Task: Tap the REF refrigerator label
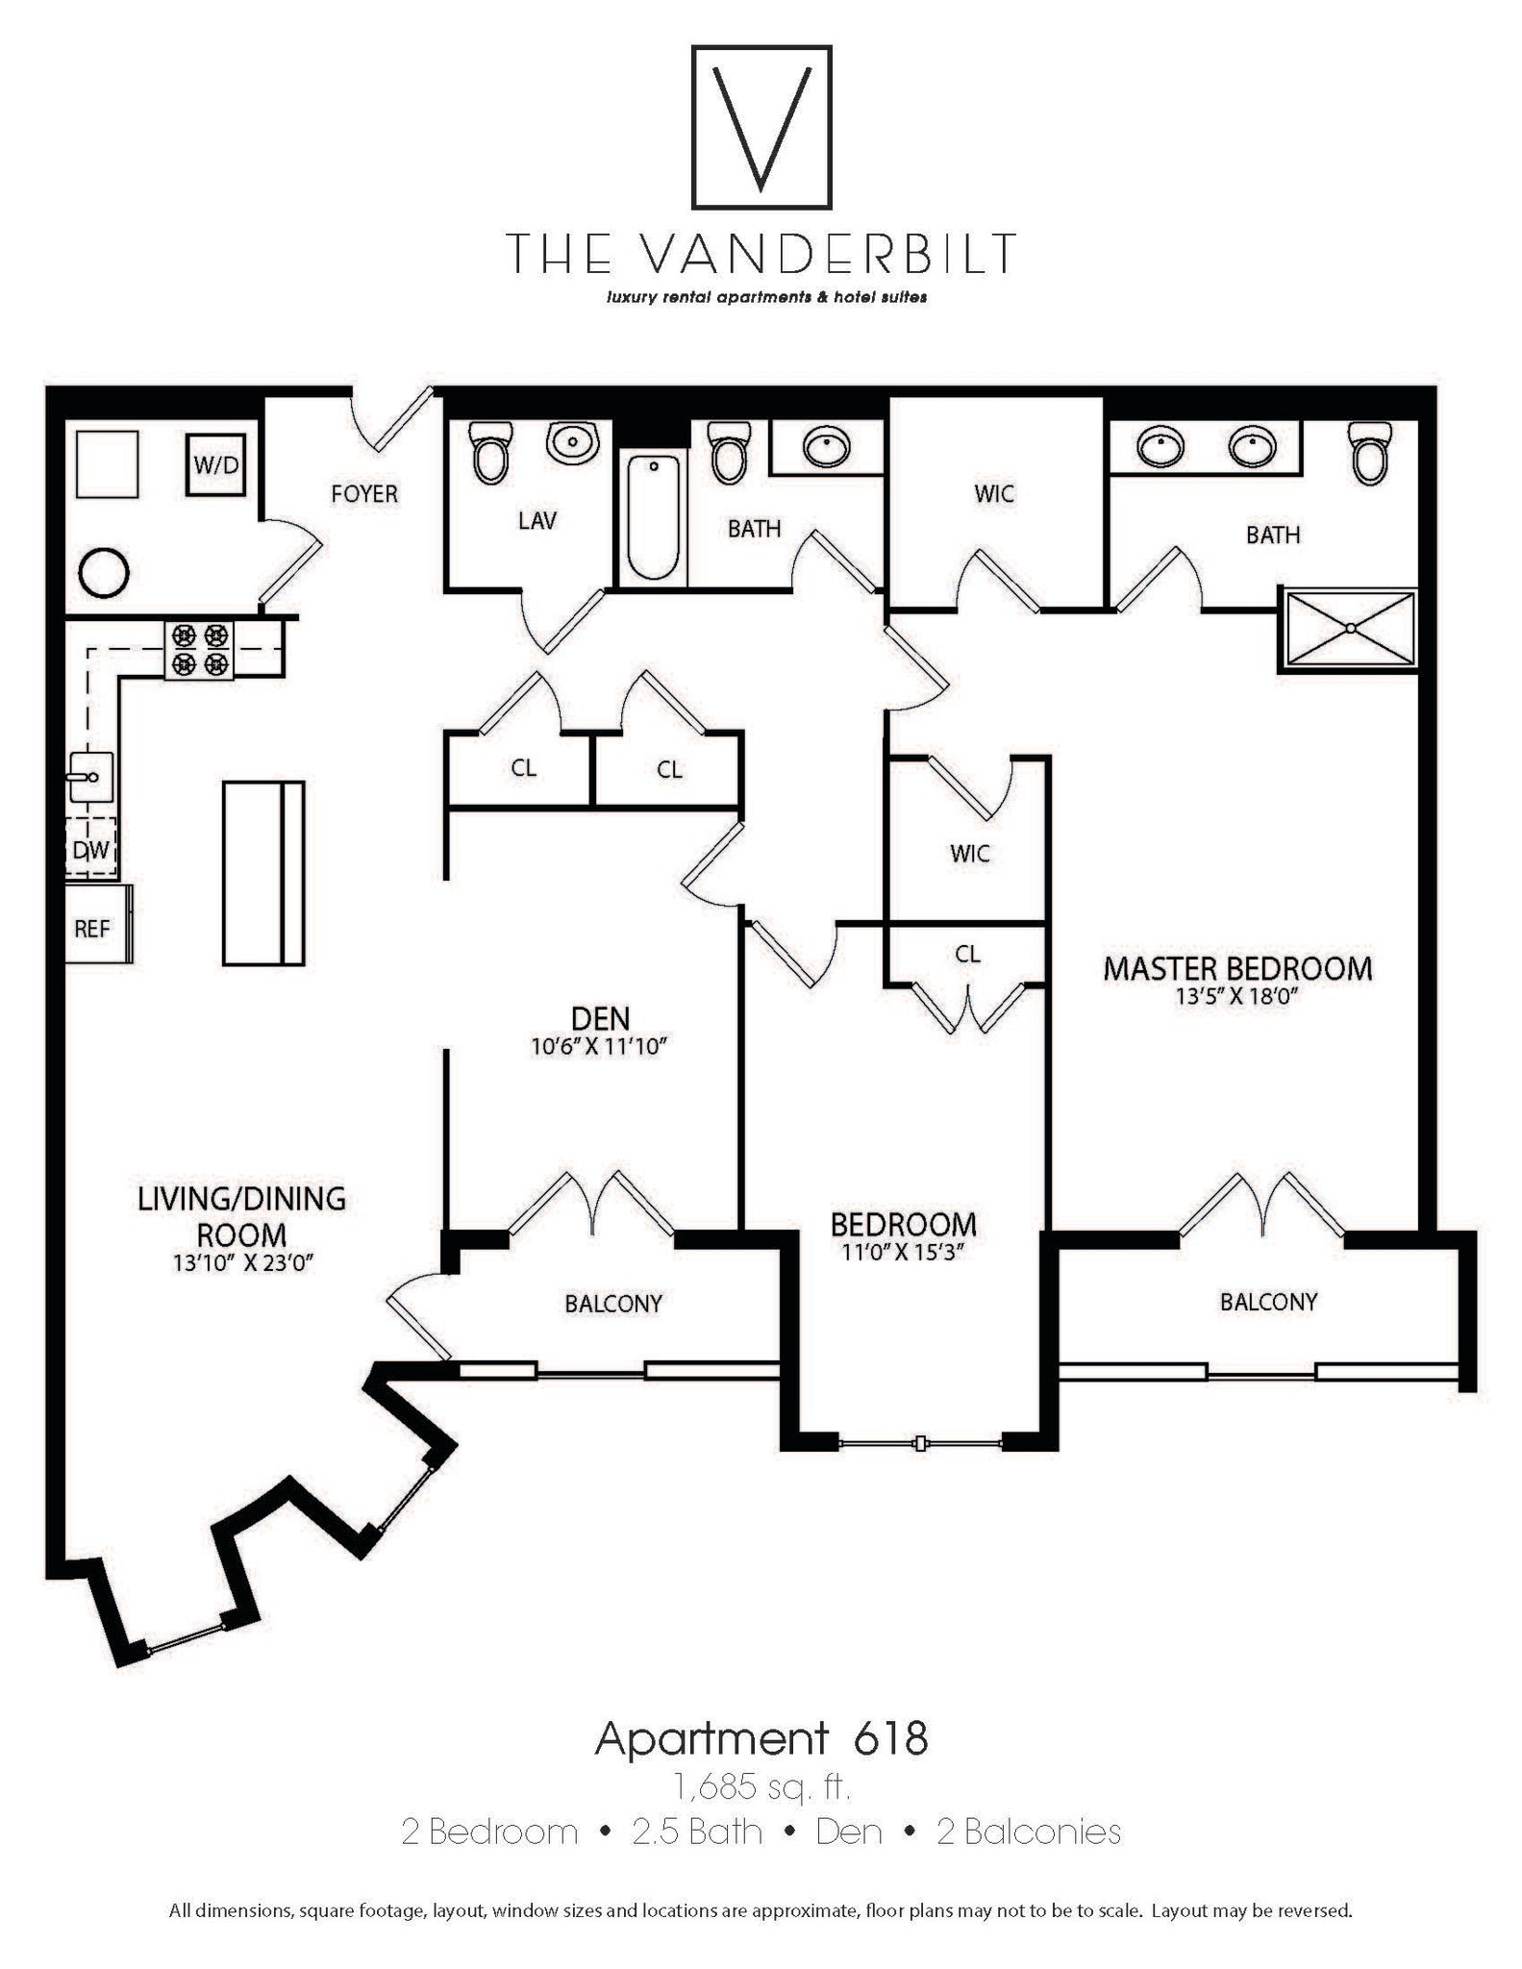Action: tap(92, 929)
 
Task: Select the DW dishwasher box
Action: tap(91, 849)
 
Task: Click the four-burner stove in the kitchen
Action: tap(199, 650)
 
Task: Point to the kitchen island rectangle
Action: tap(263, 872)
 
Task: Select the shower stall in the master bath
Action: tap(1350, 628)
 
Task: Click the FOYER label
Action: tap(364, 494)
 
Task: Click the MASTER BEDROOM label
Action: tap(1237, 968)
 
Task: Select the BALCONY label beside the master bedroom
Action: tap(1268, 1302)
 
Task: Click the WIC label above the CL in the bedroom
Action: tap(969, 854)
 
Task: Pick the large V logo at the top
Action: tap(761, 127)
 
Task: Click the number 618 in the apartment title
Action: tap(891, 1738)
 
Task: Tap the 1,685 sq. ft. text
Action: tap(762, 1787)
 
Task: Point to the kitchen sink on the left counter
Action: tap(89, 777)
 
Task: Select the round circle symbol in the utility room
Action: tap(103, 573)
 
